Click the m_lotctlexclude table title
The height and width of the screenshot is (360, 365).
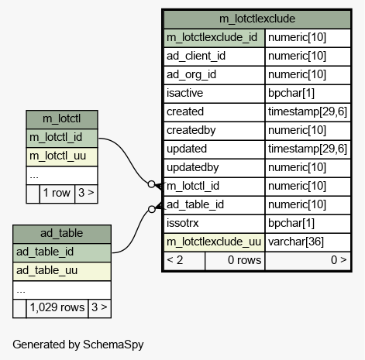click(x=257, y=19)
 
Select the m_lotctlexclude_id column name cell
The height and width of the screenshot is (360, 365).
click(x=215, y=38)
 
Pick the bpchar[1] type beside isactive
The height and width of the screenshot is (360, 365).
click(x=308, y=94)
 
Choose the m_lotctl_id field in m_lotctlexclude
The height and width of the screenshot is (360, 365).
click(x=215, y=187)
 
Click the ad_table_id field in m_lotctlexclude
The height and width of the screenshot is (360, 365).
click(x=215, y=205)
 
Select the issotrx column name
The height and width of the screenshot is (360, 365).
click(x=215, y=224)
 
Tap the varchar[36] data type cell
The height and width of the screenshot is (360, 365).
click(x=308, y=242)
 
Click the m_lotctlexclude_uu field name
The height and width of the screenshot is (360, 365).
click(x=215, y=242)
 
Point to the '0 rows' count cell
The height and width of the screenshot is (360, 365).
click(x=235, y=261)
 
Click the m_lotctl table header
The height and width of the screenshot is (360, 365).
click(x=62, y=119)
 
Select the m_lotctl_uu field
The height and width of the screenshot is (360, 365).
click(x=62, y=156)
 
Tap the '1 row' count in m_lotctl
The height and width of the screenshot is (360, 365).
click(x=57, y=194)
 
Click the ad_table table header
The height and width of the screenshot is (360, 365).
click(x=62, y=234)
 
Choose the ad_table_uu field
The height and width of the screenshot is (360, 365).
click(x=62, y=271)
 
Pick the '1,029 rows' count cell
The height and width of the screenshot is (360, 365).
click(x=57, y=308)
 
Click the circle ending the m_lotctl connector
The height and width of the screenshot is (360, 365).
click(x=152, y=184)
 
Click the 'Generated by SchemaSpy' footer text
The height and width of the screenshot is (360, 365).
click(x=78, y=345)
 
